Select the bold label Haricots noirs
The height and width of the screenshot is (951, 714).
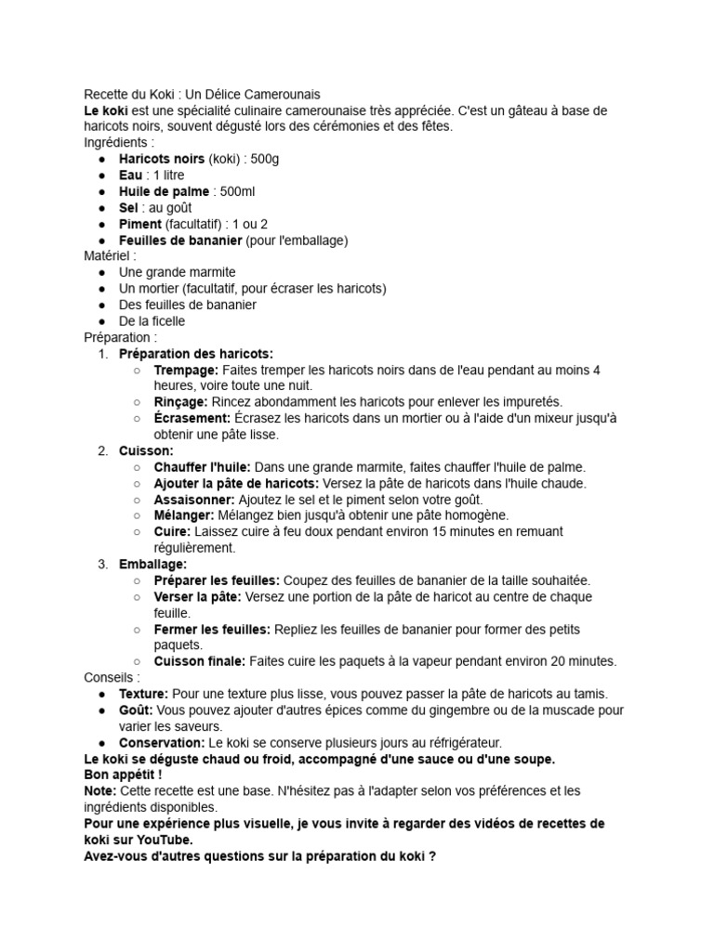pyautogui.click(x=162, y=159)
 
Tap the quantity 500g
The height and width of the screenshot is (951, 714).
pyautogui.click(x=264, y=159)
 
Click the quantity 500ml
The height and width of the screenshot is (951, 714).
pyautogui.click(x=236, y=191)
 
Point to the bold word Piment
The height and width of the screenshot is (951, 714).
pyautogui.click(x=140, y=224)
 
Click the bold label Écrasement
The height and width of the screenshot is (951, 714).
pyautogui.click(x=192, y=418)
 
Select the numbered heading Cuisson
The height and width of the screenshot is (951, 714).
pyautogui.click(x=146, y=450)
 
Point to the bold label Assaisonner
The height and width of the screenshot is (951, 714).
pyautogui.click(x=193, y=500)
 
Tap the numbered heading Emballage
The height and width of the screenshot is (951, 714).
pyautogui.click(x=152, y=565)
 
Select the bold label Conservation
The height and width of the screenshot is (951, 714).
pyautogui.click(x=161, y=743)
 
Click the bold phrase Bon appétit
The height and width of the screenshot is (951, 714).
pyautogui.click(x=123, y=775)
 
